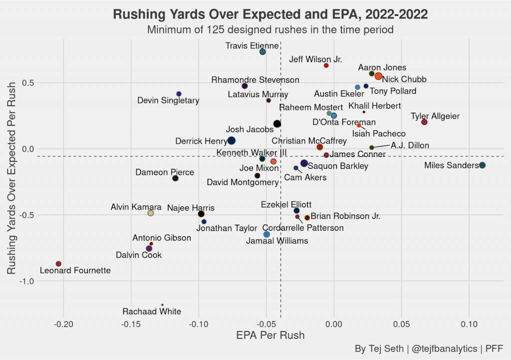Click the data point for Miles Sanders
[x=482, y=166]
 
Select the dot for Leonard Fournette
[x=58, y=264]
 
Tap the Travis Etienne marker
[x=262, y=52]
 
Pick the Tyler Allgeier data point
[x=424, y=122]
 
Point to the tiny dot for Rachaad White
[x=162, y=305]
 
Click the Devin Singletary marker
[x=179, y=94]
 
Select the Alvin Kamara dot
[x=151, y=213]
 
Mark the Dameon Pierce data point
[x=175, y=178]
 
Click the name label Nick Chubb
[x=404, y=79]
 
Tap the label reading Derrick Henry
[x=201, y=142]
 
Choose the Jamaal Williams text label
[x=277, y=241]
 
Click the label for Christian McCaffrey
[x=309, y=141]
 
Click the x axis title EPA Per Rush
[x=270, y=336]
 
